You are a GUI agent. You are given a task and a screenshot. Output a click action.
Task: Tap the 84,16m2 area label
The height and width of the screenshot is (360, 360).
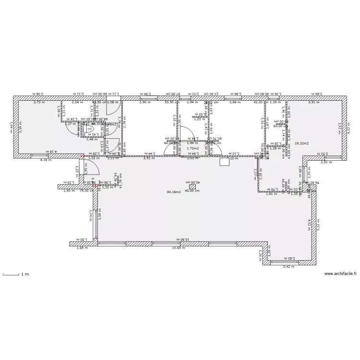click(173, 192)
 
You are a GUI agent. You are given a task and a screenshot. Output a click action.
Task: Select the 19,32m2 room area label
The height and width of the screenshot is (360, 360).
click(301, 143)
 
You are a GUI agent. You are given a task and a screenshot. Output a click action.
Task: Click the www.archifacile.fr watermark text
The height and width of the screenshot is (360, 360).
click(340, 274)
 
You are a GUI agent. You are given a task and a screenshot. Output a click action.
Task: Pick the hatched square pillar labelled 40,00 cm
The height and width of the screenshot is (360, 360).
click(192, 187)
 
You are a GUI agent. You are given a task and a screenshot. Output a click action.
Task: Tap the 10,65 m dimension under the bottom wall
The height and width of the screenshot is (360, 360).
click(179, 248)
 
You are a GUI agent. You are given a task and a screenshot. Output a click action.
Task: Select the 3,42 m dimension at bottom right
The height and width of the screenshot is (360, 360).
click(288, 266)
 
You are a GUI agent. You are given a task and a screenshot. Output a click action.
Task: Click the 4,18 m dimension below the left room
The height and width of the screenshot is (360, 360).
click(46, 159)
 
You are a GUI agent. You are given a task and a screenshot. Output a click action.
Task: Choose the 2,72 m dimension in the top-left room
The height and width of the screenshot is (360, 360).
click(39, 102)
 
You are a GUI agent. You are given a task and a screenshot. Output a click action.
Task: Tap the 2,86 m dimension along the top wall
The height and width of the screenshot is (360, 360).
click(235, 102)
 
